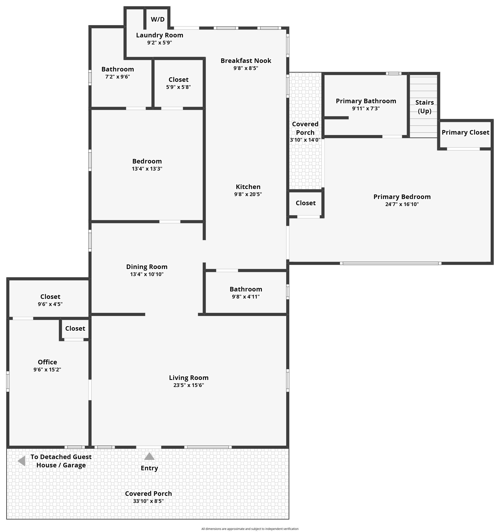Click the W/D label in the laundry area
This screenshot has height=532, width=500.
point(158,19)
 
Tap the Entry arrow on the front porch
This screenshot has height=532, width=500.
point(149,456)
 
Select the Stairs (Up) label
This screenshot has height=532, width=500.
point(425,107)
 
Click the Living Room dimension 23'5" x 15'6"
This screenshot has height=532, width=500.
point(189,385)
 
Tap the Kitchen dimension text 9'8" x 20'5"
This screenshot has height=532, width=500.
point(248,194)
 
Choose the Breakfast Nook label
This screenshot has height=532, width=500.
point(246,61)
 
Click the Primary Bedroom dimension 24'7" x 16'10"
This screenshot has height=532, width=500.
point(402,204)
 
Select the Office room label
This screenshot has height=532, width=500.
point(47,362)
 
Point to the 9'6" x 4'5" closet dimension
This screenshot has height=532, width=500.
point(50,304)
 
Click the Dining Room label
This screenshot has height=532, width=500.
point(147,267)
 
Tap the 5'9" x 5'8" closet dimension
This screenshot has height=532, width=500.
point(178,87)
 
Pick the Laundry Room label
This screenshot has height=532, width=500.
point(160,35)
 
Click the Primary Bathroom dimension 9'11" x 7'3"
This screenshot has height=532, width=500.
point(366,108)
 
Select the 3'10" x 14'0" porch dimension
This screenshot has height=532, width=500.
point(305,140)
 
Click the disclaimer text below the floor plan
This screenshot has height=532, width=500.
point(250,529)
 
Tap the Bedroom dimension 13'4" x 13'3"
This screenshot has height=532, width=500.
point(147,169)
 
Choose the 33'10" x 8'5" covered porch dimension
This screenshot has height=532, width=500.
point(149,501)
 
